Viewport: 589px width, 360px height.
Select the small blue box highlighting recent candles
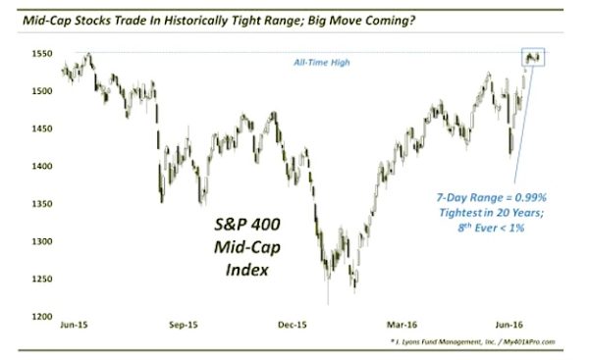(533, 58)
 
